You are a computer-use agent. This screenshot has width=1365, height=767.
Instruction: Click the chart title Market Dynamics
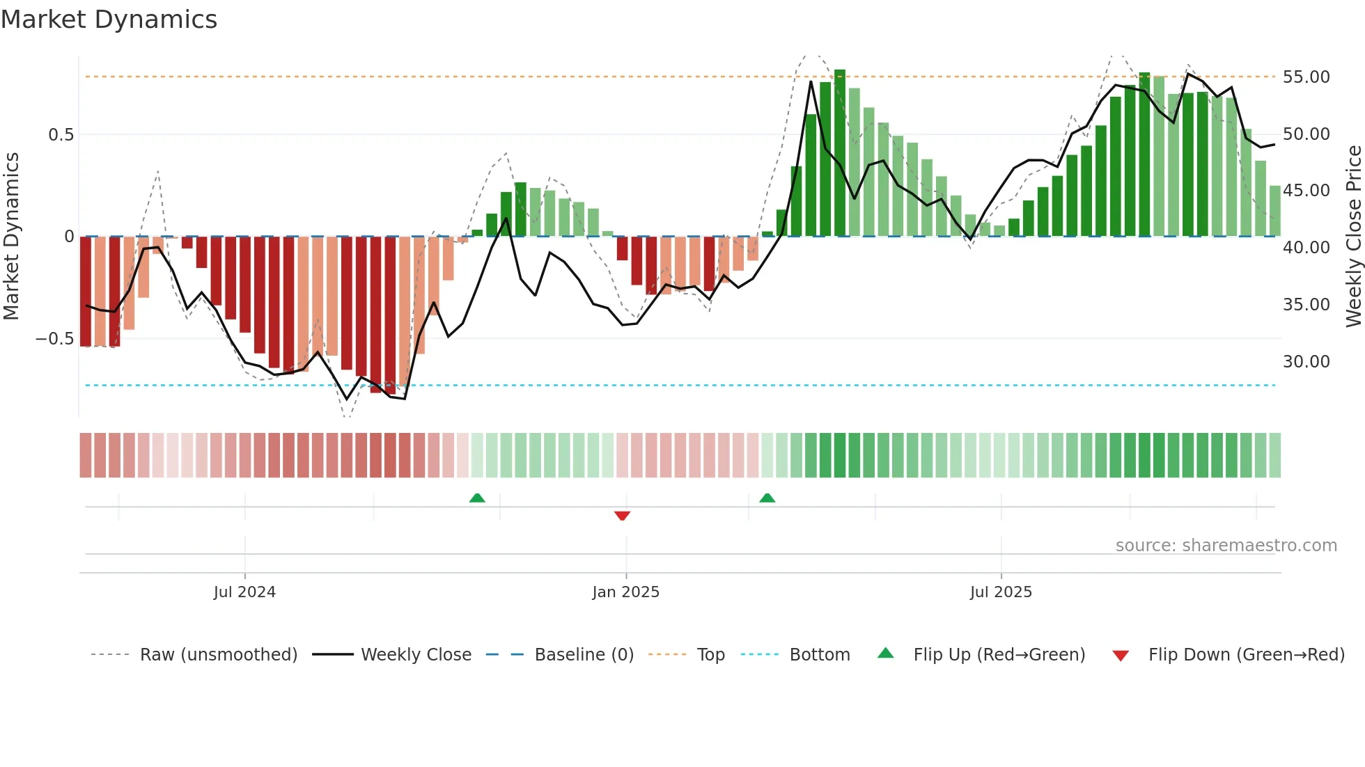point(109,19)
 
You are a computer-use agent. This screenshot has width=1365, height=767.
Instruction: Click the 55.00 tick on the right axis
point(1306,77)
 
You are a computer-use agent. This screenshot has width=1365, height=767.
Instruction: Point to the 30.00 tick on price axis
point(1306,362)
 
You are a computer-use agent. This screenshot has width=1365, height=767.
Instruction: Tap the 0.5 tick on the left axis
point(61,135)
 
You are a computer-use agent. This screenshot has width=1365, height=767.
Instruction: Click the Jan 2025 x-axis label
point(625,592)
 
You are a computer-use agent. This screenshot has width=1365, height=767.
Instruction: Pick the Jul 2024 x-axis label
point(244,592)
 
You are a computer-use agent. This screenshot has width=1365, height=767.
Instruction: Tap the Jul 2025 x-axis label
point(1001,592)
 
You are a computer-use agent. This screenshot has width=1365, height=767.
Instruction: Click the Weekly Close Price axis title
point(1353,237)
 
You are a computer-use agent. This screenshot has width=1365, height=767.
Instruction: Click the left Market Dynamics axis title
point(11,237)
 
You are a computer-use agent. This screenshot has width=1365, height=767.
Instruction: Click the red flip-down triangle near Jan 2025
point(623,516)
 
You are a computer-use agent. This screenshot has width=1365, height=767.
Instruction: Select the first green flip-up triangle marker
point(477,498)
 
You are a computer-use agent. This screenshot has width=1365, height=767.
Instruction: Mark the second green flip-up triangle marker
point(767,498)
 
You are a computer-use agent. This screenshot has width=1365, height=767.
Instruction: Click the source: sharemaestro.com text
point(1226,546)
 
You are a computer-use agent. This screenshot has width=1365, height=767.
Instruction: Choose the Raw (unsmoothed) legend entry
point(218,655)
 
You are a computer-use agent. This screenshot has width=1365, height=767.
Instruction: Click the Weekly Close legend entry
point(416,655)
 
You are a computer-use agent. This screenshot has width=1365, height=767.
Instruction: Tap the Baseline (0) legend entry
point(584,655)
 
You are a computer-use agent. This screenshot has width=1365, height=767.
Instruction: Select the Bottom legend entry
point(819,655)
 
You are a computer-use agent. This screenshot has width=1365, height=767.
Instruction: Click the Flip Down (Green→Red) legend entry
point(1246,655)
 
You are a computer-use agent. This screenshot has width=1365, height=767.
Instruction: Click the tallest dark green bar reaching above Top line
point(840,153)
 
